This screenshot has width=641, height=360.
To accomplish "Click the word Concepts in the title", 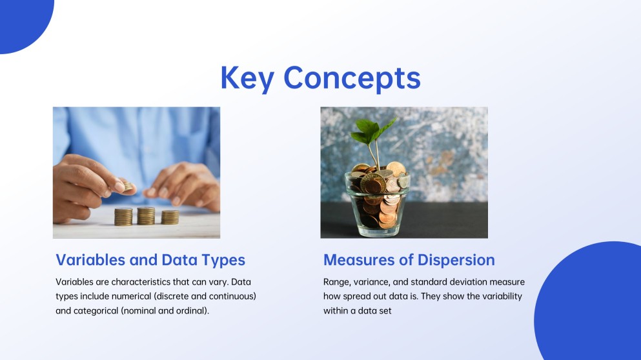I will point(352,78).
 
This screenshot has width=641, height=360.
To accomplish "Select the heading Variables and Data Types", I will point(150,260).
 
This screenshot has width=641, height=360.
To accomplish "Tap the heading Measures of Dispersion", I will point(409,260).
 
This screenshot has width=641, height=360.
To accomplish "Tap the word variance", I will point(376,282).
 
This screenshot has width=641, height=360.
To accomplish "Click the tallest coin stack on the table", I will point(146,215).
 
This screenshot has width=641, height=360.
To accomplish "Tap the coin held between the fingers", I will point(128,186).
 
